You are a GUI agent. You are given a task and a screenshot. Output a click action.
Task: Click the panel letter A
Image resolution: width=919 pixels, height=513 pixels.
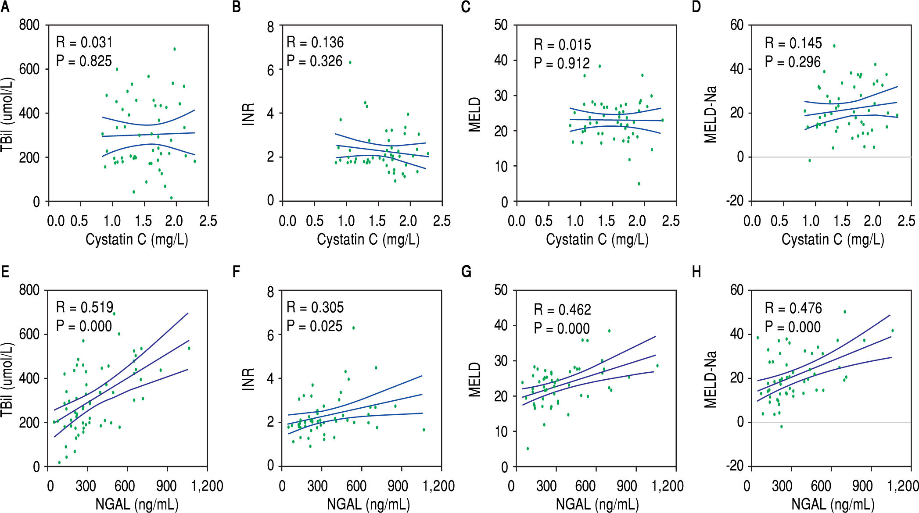coord(5,7)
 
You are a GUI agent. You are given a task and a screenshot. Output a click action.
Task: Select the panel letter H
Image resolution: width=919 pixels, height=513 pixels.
coord(696,272)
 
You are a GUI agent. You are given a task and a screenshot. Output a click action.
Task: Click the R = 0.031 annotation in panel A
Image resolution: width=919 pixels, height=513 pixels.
coord(84,43)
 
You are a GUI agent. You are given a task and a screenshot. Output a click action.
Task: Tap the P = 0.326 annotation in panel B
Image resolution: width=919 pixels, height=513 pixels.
coord(314,61)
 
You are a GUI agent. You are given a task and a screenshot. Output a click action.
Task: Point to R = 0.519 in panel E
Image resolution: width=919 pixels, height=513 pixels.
coord(84,307)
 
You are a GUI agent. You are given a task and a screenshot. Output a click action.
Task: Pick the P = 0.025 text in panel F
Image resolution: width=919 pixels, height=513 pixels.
coord(314,326)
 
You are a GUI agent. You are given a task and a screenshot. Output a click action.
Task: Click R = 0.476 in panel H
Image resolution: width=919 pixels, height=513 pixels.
coord(793,308)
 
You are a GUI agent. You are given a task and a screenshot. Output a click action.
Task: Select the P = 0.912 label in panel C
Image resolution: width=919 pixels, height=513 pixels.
coord(562,64)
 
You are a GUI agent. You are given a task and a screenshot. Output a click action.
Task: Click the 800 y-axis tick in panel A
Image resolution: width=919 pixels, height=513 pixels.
coord(29,25)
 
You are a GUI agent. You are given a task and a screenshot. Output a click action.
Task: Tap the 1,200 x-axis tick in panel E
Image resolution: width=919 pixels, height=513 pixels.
coord(207,486)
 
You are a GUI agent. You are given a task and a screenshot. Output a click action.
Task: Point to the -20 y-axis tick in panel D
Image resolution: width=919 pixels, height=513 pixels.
coord(735,201)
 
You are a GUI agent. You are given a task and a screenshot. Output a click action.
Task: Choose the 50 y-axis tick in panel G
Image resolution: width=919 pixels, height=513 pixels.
coord(501,290)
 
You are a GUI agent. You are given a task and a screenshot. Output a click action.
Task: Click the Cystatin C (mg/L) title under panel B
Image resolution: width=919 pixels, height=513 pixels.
coord(368,239)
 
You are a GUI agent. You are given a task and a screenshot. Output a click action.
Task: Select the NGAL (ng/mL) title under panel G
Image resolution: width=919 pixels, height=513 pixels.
coord(597,504)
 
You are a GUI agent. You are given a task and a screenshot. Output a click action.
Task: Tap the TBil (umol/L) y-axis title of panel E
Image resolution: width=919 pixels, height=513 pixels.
coord(7,379)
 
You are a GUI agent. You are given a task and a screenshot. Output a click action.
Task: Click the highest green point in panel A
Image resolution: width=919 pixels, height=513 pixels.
coord(175,49)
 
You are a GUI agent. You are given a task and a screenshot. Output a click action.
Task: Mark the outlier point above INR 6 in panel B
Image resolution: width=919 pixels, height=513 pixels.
coord(350,62)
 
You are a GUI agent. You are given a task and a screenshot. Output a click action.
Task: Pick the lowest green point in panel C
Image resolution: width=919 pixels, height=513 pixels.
coord(639,184)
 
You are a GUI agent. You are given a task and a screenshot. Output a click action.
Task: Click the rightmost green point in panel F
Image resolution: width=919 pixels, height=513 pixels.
coord(424,430)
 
